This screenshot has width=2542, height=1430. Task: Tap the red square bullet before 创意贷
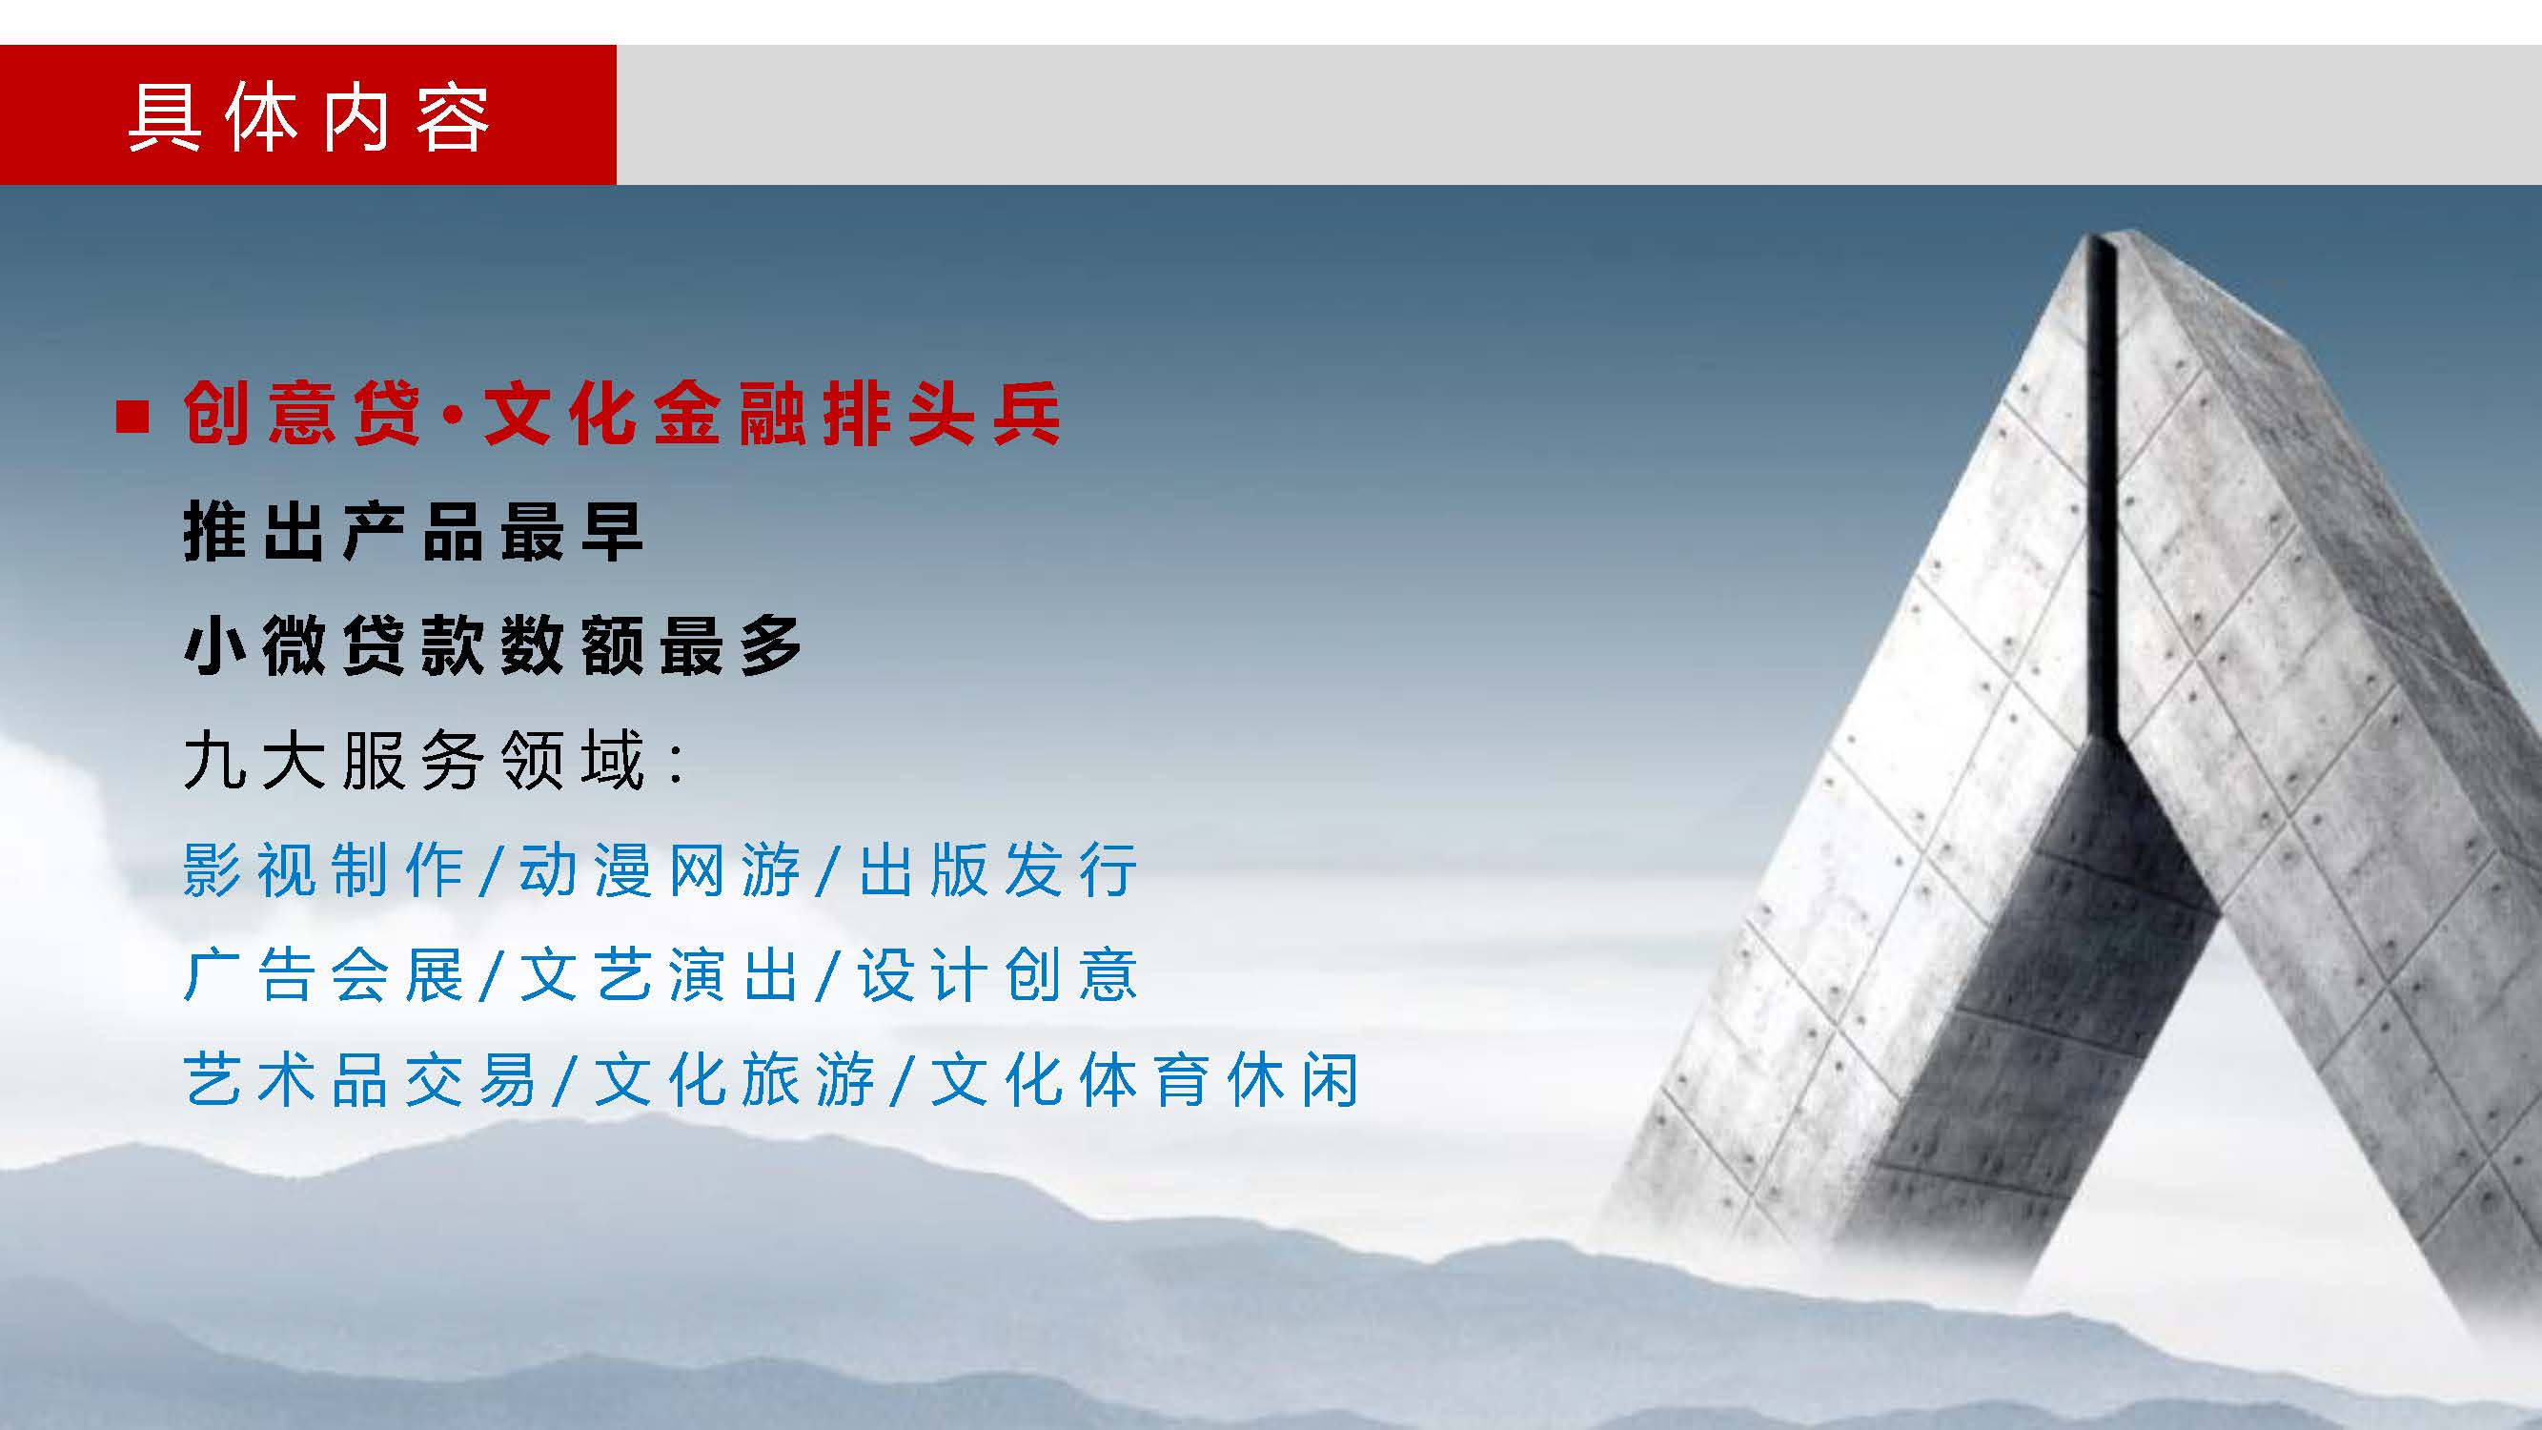point(132,417)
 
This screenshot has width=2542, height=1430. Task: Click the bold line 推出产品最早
point(414,532)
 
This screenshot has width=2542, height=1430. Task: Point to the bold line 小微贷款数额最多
point(494,645)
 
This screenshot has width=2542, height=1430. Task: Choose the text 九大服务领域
point(415,760)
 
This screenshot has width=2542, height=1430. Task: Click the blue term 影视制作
point(324,869)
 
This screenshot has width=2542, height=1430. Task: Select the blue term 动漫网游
point(661,869)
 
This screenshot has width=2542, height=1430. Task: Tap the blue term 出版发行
point(999,869)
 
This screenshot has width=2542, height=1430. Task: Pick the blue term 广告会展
point(324,975)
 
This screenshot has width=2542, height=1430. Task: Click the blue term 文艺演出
point(661,975)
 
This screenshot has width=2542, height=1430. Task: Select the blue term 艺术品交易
point(360,1080)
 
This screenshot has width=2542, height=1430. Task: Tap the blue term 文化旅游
point(735,1080)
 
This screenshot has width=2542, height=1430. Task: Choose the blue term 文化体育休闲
point(1145,1080)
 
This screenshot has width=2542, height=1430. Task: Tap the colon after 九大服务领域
point(677,765)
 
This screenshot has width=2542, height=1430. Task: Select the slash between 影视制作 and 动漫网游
point(492,871)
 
